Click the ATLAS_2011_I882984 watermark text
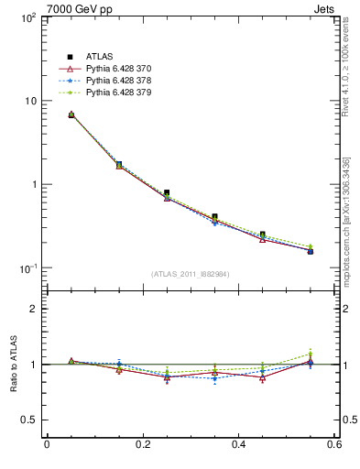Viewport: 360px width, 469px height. (191, 274)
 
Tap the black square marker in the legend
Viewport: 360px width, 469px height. (69, 57)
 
